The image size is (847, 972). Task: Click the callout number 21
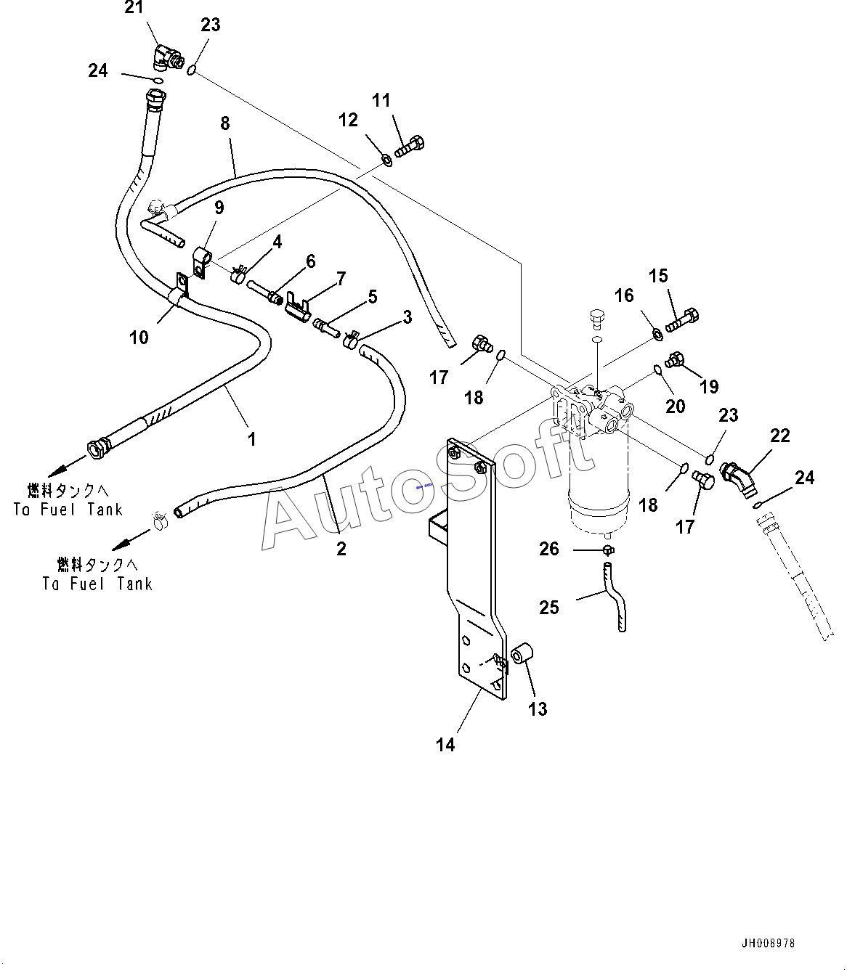(134, 7)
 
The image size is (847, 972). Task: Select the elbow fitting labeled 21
(168, 57)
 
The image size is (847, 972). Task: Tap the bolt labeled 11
(409, 147)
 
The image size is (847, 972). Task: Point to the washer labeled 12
(387, 160)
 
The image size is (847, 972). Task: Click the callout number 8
(225, 123)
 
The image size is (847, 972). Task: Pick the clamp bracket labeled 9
(200, 262)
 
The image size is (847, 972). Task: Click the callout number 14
(445, 745)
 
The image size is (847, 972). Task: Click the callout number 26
(549, 549)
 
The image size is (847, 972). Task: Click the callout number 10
(139, 338)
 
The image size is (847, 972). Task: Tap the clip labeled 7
(298, 309)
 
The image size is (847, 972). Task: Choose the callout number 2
(341, 550)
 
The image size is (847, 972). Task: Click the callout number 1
(252, 439)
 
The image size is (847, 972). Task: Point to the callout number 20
(675, 407)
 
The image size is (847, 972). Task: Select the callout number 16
(624, 295)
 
